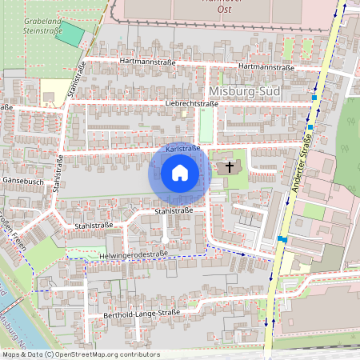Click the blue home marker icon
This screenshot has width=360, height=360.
click(180, 173)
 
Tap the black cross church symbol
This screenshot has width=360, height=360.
click(230, 167)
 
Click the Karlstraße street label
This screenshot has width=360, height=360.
click(182, 150)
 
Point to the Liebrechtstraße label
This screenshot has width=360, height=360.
click(191, 103)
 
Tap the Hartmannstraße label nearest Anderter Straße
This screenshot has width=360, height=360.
click(266, 68)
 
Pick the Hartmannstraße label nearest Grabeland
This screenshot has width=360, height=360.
click(146, 61)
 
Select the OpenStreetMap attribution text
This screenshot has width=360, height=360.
click(80, 354)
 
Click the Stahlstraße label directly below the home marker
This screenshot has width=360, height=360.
click(174, 211)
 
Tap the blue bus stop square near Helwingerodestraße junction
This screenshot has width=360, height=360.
click(282, 238)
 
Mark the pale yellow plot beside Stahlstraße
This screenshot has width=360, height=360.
click(55, 89)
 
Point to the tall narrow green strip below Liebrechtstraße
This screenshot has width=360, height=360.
click(206, 125)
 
